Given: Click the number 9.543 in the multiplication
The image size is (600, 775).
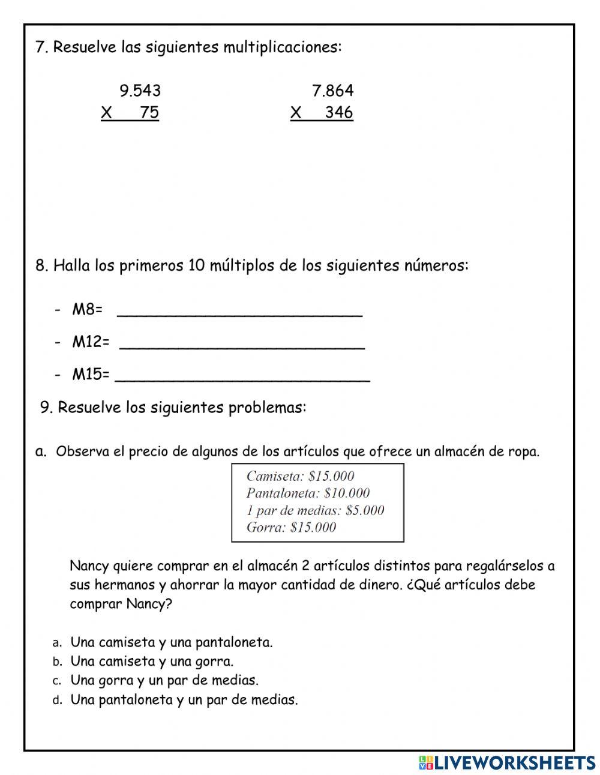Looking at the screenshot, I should (x=140, y=91).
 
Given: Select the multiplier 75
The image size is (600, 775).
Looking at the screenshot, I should (x=149, y=113).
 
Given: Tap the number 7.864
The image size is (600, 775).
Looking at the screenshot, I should (x=332, y=91).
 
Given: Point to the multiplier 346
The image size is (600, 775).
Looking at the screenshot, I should (x=338, y=113).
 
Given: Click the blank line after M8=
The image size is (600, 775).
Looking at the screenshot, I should (x=239, y=311).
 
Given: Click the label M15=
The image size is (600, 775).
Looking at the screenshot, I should (x=91, y=375).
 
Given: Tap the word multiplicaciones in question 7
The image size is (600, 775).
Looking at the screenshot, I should (x=281, y=47).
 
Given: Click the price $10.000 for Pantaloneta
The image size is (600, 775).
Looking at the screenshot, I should (x=346, y=493).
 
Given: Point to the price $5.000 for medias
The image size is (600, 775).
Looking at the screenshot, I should (x=364, y=511).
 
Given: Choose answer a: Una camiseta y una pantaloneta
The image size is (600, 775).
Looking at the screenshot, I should (x=171, y=642).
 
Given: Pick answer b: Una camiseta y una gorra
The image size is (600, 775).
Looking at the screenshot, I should (x=152, y=662).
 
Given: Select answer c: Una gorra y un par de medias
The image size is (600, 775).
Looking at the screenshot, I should (x=164, y=681).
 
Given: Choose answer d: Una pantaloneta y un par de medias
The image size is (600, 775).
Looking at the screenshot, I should (x=184, y=700).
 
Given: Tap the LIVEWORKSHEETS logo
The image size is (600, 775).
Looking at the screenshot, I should (x=506, y=762).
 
